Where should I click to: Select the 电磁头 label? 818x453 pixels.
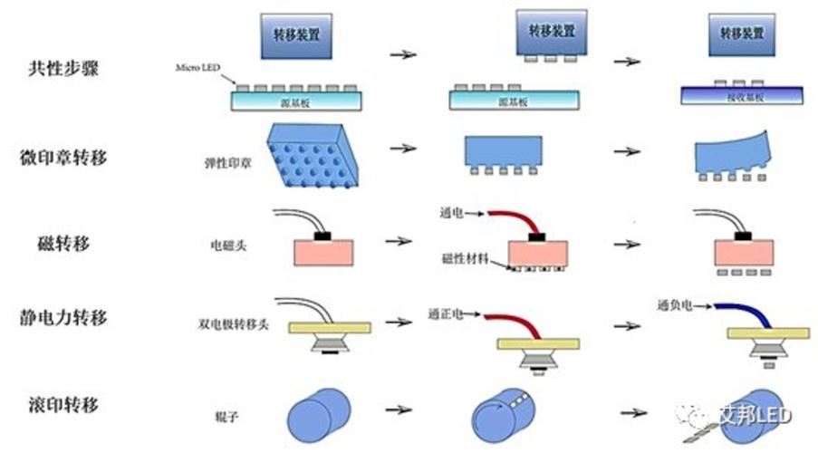[227, 245]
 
